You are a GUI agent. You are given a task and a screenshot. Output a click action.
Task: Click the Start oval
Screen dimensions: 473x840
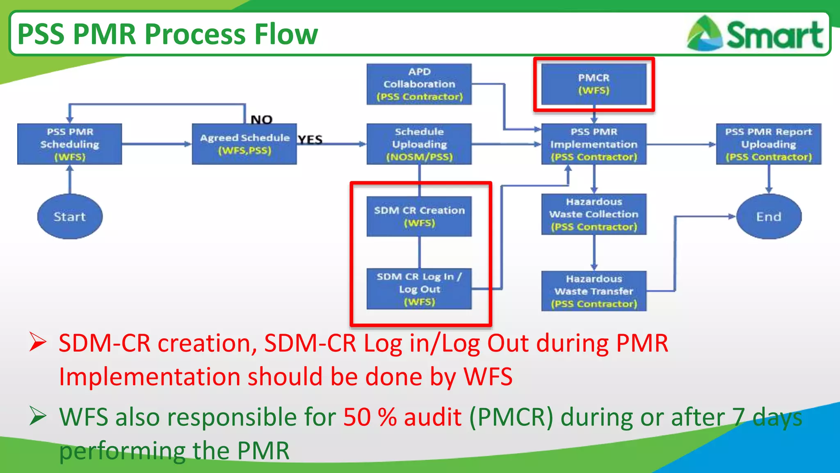coord(70,216)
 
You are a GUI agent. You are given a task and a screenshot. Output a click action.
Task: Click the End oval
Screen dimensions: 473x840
coord(769,216)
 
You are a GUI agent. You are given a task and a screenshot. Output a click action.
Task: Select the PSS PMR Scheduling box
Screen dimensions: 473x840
coord(70,144)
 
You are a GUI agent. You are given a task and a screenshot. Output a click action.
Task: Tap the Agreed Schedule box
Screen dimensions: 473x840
coord(244,144)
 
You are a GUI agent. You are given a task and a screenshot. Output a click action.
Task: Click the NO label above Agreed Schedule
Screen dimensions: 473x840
coord(261,119)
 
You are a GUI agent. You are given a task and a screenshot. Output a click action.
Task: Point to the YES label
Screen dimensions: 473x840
coord(310,140)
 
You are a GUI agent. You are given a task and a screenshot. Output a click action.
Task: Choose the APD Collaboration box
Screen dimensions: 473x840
coord(419,84)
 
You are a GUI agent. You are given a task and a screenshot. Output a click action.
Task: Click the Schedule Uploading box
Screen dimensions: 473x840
coord(419,144)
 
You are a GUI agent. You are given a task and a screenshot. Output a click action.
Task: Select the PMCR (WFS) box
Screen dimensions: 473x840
coord(593,84)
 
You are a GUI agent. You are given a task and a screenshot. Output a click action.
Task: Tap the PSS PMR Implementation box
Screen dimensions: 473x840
coord(593,144)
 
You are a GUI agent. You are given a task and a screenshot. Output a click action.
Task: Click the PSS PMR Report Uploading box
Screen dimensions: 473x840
coord(768,144)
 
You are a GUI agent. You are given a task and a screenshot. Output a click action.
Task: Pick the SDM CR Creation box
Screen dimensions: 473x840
coord(419,216)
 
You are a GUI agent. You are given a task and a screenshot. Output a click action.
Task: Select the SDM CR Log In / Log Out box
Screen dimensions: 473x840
coord(419,289)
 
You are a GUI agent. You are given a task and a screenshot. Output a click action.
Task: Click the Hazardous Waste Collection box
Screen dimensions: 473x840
coord(593,214)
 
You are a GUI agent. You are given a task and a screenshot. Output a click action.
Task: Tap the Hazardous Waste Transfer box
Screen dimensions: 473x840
coord(593,291)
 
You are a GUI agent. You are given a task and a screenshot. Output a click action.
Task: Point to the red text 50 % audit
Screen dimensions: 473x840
coord(402,417)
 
